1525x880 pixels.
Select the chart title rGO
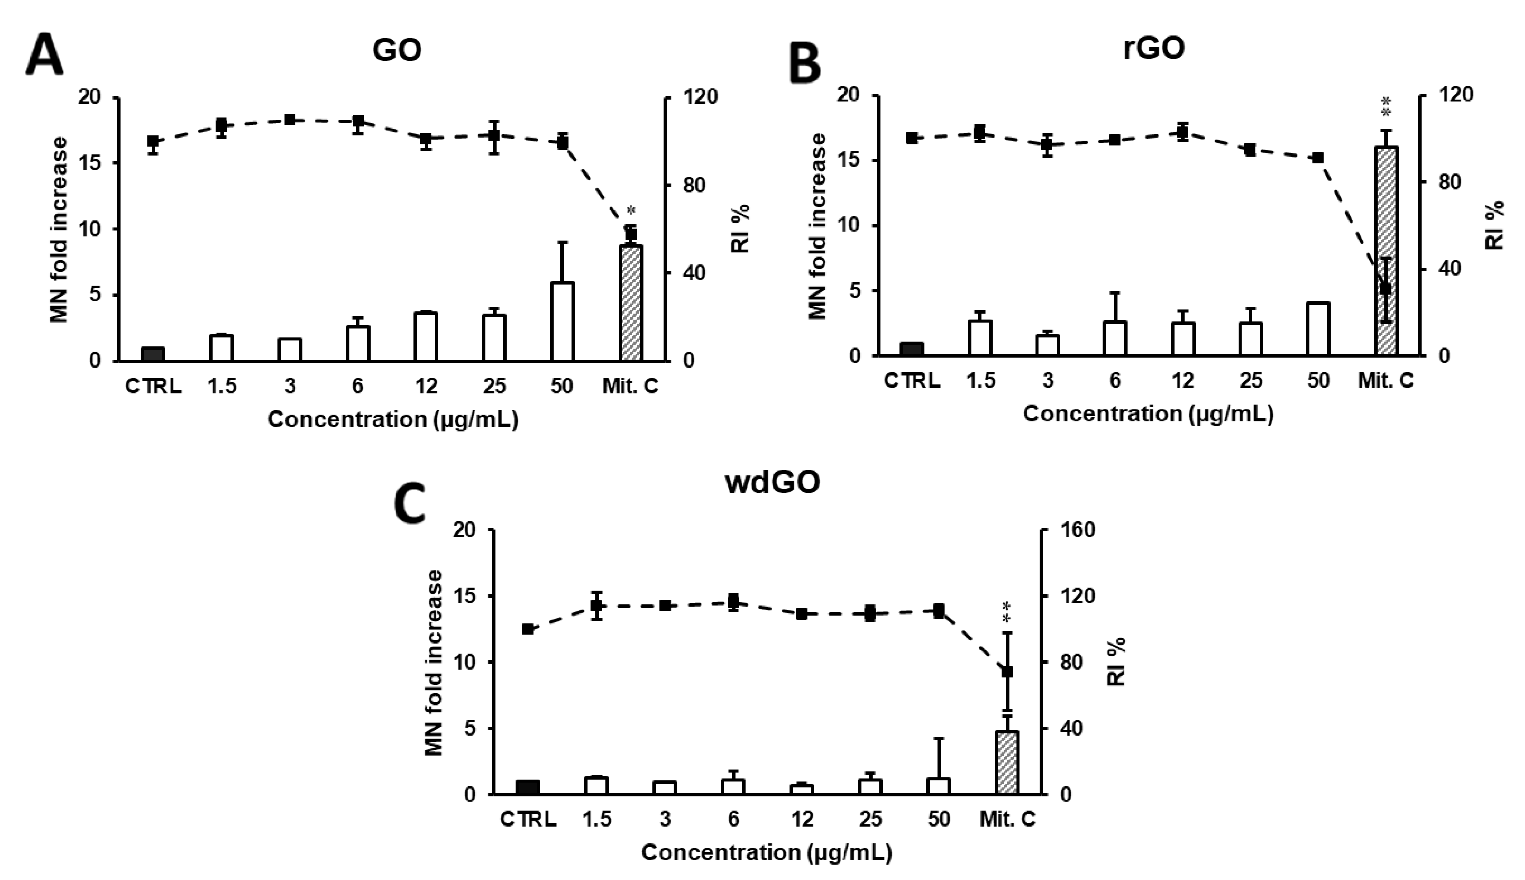pos(1153,49)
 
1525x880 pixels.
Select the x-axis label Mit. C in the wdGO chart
pos(1007,820)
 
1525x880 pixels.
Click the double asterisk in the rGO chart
pos(1386,107)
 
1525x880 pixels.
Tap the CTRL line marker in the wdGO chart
pos(528,629)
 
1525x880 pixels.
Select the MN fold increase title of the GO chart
pos(59,230)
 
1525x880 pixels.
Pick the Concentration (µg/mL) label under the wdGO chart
pos(767,853)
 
